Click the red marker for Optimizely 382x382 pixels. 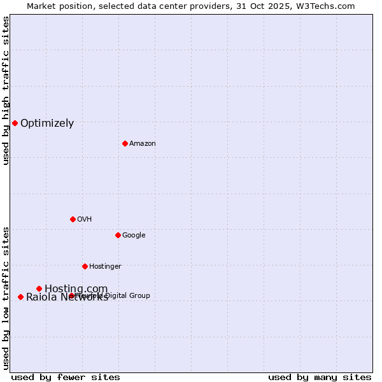(x=15, y=123)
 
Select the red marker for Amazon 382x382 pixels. (x=125, y=143)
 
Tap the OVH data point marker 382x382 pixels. (x=73, y=219)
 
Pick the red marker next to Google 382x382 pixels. (x=118, y=235)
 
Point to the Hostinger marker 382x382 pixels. (x=85, y=266)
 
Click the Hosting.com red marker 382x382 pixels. (x=39, y=288)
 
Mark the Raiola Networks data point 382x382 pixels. (x=20, y=297)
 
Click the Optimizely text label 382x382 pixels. (x=47, y=124)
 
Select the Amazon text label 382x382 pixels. (x=143, y=144)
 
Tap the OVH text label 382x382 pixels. (x=85, y=220)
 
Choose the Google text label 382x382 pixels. (x=134, y=236)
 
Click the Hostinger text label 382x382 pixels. (x=105, y=267)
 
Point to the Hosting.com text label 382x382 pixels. (x=76, y=289)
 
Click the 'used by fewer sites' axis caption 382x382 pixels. (x=66, y=378)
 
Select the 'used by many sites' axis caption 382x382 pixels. (x=320, y=378)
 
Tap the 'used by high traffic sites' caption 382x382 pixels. (x=6, y=90)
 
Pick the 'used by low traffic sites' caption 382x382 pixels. (x=6, y=297)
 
